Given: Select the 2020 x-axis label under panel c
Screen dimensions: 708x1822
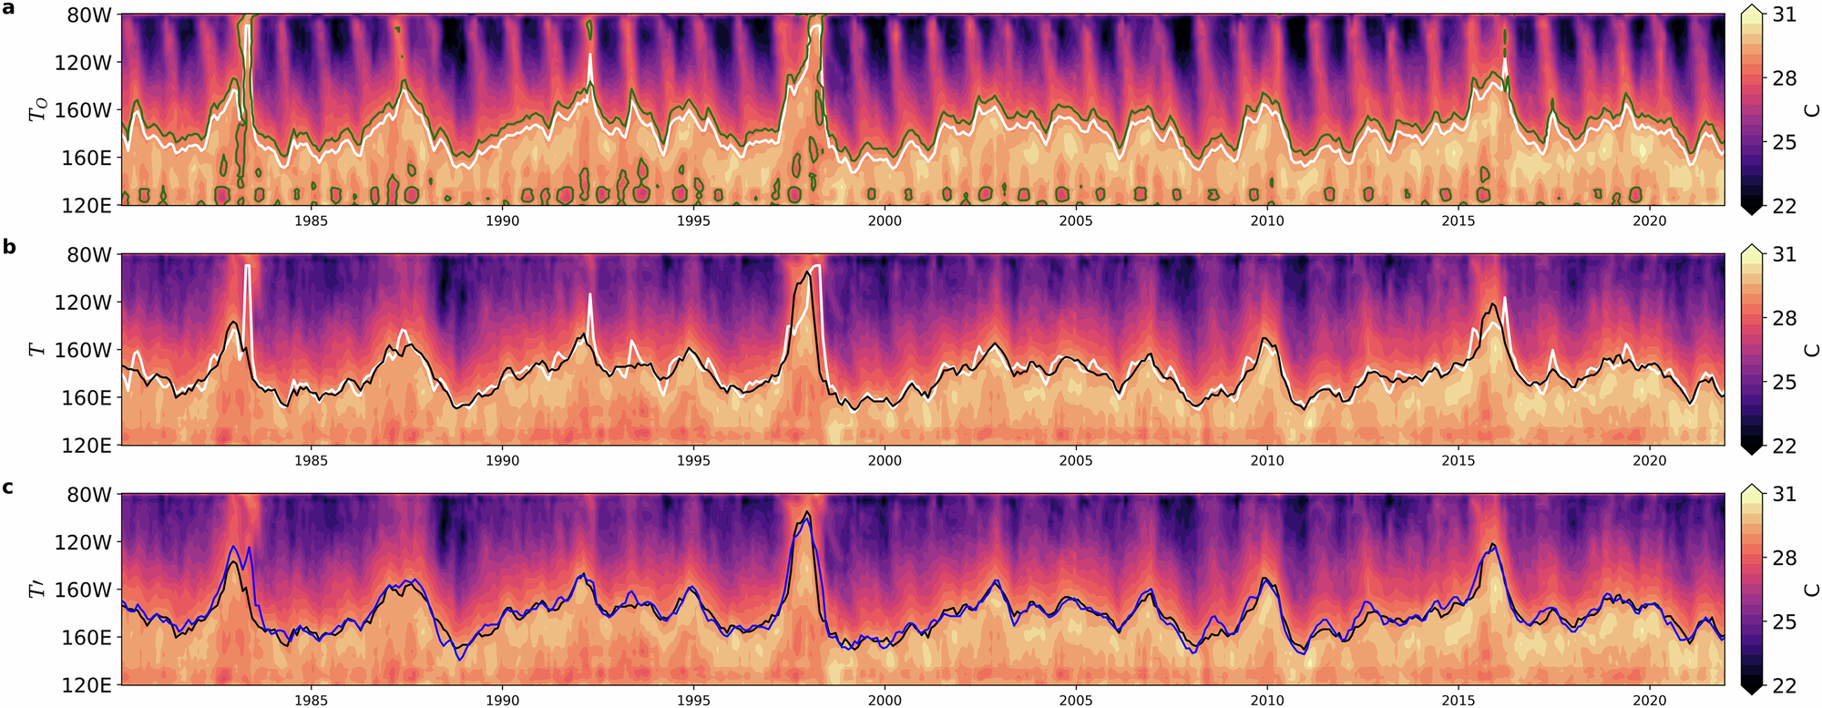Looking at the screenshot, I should [x=1649, y=700].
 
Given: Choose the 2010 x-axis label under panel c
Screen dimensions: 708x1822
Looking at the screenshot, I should [x=1266, y=700].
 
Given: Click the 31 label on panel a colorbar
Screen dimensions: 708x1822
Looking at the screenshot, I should [x=1784, y=15].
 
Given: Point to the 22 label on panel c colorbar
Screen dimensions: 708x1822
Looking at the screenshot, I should [x=1784, y=685].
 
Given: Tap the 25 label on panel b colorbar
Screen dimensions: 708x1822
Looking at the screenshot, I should [x=1784, y=382].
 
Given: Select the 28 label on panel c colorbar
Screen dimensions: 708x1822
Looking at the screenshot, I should [x=1784, y=558].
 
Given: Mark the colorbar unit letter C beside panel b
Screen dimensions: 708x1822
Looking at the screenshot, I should [x=1812, y=350].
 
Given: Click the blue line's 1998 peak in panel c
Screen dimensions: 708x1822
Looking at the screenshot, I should [x=806, y=518].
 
